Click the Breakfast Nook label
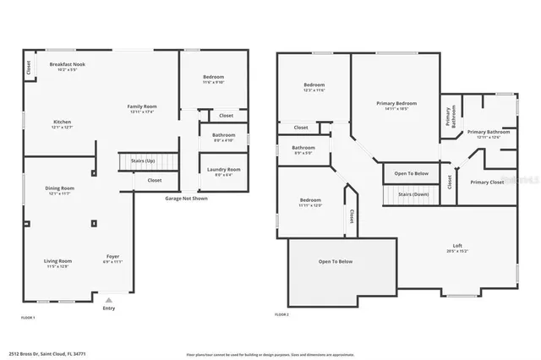pyautogui.click(x=67, y=65)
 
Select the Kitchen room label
pyautogui.click(x=63, y=123)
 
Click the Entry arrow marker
pyautogui.click(x=107, y=299)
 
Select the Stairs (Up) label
pyautogui.click(x=142, y=160)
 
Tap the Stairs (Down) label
pyautogui.click(x=412, y=194)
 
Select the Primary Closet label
pyautogui.click(x=487, y=183)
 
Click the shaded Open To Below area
pyautogui.click(x=335, y=262)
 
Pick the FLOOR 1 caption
pyautogui.click(x=28, y=317)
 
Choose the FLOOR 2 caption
pyautogui.click(x=281, y=314)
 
